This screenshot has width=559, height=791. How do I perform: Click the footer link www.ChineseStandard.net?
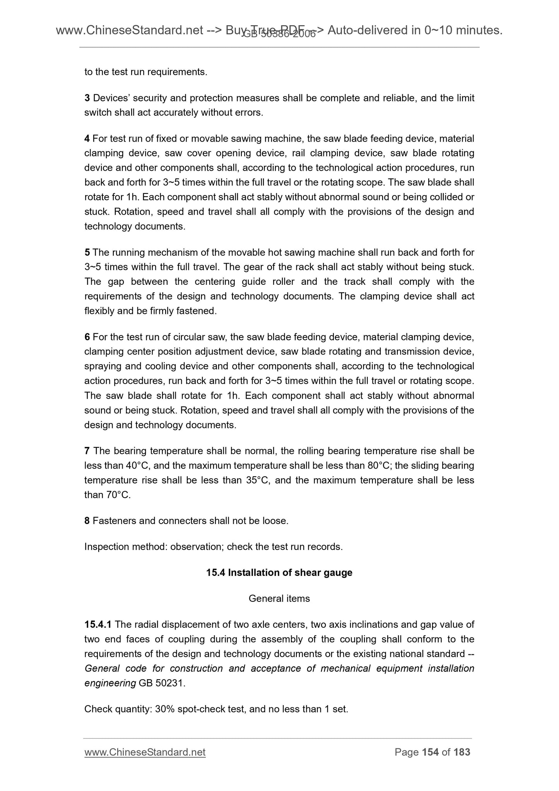click(145, 752)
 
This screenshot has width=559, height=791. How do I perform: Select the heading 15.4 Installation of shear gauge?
click(279, 572)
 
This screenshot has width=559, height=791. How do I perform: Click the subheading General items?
click(279, 598)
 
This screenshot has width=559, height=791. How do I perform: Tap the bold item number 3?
click(87, 98)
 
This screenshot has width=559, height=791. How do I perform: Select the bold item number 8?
click(87, 520)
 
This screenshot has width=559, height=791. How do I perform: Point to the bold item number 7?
click(87, 451)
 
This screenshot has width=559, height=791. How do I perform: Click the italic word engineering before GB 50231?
click(110, 683)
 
